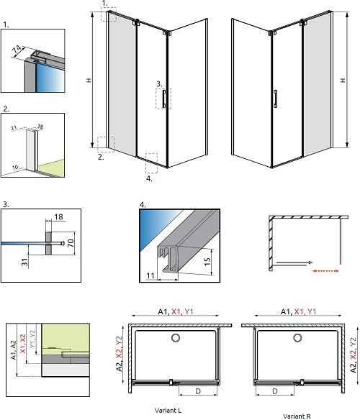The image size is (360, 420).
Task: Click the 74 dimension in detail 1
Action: click(17, 50)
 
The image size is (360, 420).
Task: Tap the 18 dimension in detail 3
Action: click(58, 216)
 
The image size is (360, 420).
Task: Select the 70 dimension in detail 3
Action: click(71, 243)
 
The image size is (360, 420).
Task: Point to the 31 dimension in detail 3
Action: click(24, 262)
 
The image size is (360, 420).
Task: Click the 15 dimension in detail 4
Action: click(207, 262)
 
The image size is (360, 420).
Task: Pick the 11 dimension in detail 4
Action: click(150, 275)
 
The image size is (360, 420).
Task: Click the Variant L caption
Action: click(168, 410)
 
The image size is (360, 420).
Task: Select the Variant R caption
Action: click(297, 416)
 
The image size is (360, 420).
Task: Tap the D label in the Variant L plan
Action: click(198, 391)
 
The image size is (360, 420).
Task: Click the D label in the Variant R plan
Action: click(275, 391)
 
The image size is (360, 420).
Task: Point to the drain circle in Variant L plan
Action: click(176, 338)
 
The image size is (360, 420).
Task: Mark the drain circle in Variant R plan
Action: click(297, 338)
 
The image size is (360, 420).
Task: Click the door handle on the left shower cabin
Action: click(163, 99)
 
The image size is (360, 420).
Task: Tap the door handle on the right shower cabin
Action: click(275, 99)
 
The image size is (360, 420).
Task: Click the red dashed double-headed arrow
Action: click(325, 271)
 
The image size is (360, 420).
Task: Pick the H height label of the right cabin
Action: click(343, 80)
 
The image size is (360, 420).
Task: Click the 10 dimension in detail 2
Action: click(16, 168)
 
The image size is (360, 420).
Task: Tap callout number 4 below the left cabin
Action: click(149, 178)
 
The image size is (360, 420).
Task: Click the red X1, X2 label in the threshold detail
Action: click(23, 343)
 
